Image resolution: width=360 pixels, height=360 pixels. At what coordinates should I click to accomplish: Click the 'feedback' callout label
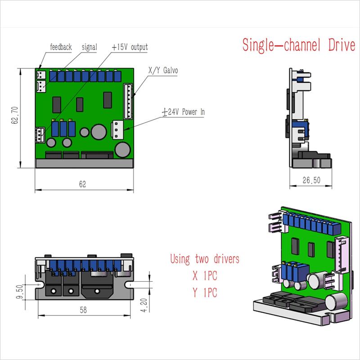(61, 47)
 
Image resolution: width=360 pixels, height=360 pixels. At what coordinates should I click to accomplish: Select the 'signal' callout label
(90, 47)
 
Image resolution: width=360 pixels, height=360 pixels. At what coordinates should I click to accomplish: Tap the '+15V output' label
(130, 47)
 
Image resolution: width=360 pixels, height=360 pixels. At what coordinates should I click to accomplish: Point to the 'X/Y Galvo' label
(163, 70)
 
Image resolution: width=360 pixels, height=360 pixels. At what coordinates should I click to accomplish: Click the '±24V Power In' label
(183, 112)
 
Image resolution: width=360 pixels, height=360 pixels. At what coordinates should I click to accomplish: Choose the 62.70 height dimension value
(15, 115)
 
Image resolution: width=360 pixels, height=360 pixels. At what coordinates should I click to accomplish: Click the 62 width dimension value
(82, 184)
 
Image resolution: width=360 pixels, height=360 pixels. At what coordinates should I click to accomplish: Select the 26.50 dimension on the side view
(311, 180)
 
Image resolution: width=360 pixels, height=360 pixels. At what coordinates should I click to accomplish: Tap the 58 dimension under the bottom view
(83, 310)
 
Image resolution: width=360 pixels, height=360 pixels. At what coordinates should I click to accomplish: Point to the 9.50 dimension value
(20, 292)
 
